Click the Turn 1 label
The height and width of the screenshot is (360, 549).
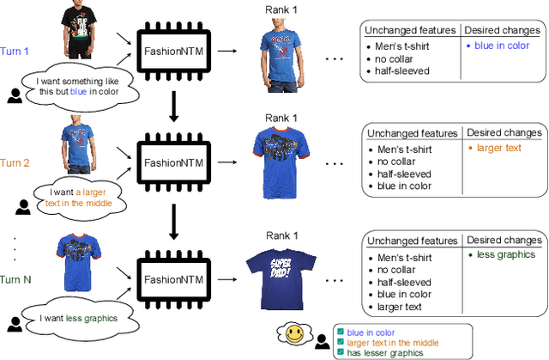tap(15, 52)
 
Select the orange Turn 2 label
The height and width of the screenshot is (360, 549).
tap(15, 162)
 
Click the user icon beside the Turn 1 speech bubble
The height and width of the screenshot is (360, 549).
tap(15, 96)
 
